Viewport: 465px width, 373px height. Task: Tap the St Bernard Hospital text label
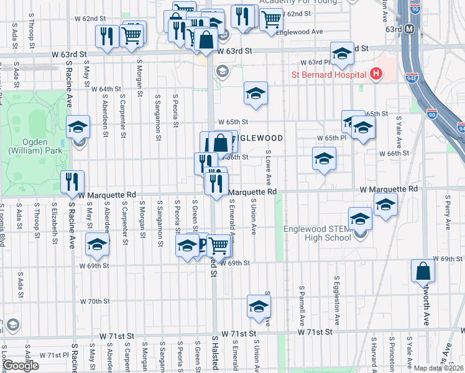[x=328, y=75]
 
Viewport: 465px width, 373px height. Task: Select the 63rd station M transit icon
[x=410, y=29]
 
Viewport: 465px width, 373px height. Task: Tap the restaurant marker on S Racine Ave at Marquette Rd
[x=72, y=182]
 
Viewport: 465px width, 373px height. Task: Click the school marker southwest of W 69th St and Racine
[x=98, y=246]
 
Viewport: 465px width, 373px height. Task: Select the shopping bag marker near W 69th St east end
[x=423, y=271]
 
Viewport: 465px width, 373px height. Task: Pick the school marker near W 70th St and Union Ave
[x=259, y=306]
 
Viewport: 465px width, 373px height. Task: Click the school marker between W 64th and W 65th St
[x=255, y=93]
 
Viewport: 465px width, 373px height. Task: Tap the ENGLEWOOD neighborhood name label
[x=258, y=138]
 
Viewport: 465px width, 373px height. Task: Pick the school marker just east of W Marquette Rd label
[x=385, y=205]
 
